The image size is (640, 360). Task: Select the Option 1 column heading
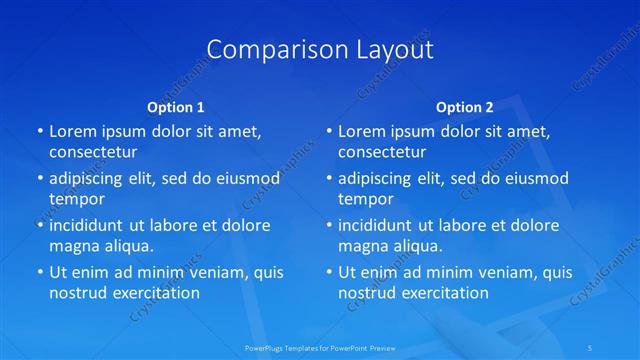point(176,106)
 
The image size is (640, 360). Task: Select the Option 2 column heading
point(465,106)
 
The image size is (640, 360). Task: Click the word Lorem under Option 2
point(361,131)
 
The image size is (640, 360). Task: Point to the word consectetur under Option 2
point(382,152)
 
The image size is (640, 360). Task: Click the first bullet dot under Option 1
point(39,132)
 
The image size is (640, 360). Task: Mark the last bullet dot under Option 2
point(328,273)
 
